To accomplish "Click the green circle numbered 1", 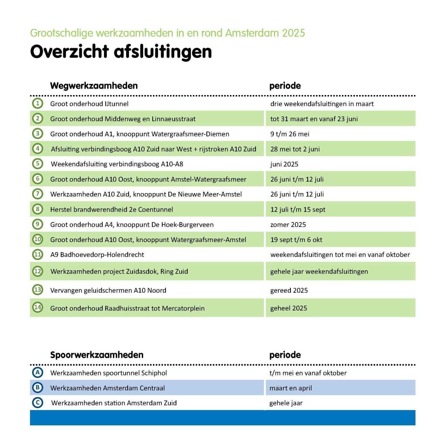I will [38, 103].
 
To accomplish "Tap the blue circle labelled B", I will [38, 387].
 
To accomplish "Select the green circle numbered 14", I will [38, 307].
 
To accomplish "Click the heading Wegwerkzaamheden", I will [94, 86].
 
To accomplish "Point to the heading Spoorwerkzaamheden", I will [97, 355].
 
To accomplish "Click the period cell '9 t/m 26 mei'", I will [290, 134].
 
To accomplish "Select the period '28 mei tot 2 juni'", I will [295, 149].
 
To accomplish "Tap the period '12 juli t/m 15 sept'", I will [298, 210].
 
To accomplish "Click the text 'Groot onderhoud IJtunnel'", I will [89, 104].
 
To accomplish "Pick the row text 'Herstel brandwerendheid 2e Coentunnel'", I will [111, 210].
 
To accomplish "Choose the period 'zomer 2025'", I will [288, 225].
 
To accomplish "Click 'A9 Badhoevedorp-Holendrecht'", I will [97, 255].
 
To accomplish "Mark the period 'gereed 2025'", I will [289, 290].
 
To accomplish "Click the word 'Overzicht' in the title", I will [69, 52].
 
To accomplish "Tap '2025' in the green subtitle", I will [293, 33].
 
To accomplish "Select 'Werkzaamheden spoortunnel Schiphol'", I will [109, 373].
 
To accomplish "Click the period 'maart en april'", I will [291, 388].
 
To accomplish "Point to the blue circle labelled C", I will [38, 403].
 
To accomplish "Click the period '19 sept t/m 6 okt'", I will [296, 240].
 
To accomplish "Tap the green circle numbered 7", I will [38, 194].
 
